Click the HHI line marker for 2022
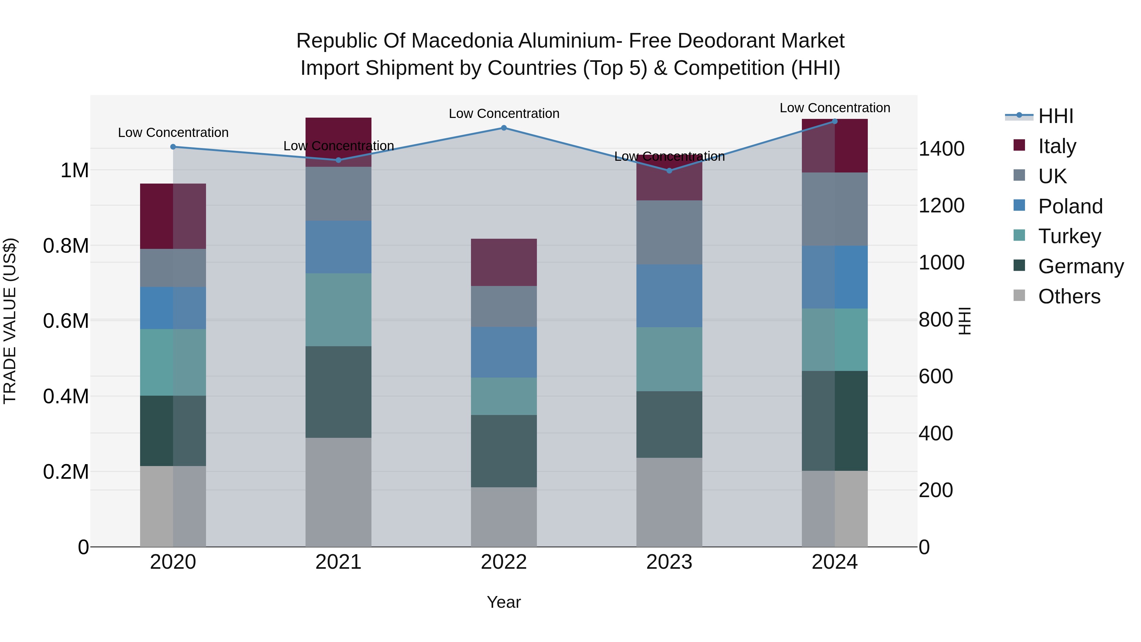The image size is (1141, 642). click(504, 128)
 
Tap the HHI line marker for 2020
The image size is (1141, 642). click(173, 147)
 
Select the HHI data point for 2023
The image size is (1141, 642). click(669, 171)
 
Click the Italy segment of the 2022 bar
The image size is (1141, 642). click(504, 262)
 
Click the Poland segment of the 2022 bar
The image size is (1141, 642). click(504, 352)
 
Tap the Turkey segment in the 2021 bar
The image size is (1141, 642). click(338, 310)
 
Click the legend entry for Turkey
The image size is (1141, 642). click(1069, 236)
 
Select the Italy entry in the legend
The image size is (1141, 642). click(1057, 146)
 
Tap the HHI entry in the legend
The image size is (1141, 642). click(1055, 116)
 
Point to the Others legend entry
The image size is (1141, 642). click(1069, 296)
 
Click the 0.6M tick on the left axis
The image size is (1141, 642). click(66, 321)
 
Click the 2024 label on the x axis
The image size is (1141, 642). click(835, 562)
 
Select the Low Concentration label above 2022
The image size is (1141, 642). click(504, 113)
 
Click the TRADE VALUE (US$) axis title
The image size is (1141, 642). click(10, 321)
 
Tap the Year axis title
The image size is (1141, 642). click(504, 602)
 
